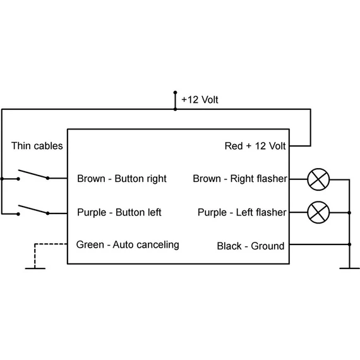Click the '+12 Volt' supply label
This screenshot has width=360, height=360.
coord(200,100)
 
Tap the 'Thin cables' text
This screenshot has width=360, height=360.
coord(37,146)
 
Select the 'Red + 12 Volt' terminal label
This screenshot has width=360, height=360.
coord(255,146)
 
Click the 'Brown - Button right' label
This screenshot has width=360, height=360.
coord(122,179)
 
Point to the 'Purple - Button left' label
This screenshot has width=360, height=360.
coord(119,212)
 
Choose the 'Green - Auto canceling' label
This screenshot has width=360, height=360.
coord(128,245)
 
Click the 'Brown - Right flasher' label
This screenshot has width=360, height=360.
coord(240,179)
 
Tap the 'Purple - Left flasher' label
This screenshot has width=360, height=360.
coord(242,212)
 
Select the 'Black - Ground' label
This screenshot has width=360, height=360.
coord(251,246)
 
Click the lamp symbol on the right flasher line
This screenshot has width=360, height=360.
coord(318,179)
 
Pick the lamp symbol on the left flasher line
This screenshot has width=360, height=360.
coord(318,212)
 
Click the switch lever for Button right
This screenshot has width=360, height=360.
coord(33,174)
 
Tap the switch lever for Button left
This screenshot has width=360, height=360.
coord(33,210)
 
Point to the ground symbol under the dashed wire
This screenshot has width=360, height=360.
coord(35,268)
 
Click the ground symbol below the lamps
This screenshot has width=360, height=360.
coord(349,268)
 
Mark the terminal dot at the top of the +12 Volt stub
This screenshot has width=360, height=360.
coord(175,92)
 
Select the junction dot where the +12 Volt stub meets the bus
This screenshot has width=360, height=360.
coord(175,109)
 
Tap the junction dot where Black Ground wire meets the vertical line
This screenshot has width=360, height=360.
coord(349,244)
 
